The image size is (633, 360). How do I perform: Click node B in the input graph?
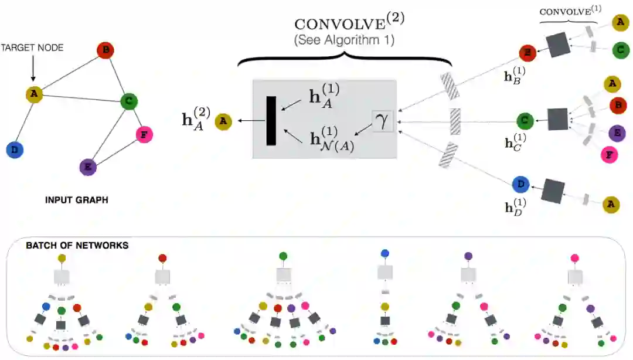pos(105,50)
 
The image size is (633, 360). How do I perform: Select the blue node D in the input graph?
pos(15,150)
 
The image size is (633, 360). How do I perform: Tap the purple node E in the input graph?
pos(87,167)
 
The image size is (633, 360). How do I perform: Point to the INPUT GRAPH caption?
pos(76,200)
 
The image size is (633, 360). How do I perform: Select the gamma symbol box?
pos(383,120)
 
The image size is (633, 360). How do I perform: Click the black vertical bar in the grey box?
pos(271,121)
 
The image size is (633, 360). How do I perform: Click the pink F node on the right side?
pos(610,154)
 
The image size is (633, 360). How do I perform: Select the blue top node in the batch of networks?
pos(384,253)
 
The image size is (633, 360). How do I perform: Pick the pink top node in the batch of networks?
pos(575,257)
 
